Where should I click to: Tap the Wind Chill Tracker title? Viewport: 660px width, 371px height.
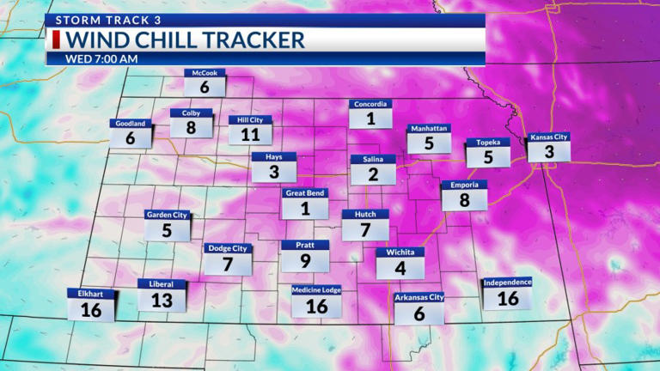click(186, 40)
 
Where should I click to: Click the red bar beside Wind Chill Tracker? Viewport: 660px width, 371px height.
click(56, 40)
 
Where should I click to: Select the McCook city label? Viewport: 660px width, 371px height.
click(205, 74)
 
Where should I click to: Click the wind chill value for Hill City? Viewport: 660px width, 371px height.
click(250, 135)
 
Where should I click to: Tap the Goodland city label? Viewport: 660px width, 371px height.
click(131, 124)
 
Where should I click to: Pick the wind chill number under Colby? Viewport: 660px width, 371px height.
click(191, 128)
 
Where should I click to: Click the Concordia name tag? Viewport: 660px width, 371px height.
click(370, 105)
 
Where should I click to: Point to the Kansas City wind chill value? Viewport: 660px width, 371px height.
click(548, 152)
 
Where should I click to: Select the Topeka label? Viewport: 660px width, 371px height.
click(488, 143)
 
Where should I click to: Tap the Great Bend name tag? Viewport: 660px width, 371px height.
click(304, 193)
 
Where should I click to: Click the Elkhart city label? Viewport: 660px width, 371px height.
click(90, 294)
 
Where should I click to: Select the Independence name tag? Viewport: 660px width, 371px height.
click(507, 282)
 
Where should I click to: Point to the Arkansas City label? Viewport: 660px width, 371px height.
click(419, 298)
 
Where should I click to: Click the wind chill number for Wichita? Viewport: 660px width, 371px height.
click(400, 268)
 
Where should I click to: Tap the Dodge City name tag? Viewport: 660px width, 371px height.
click(228, 248)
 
